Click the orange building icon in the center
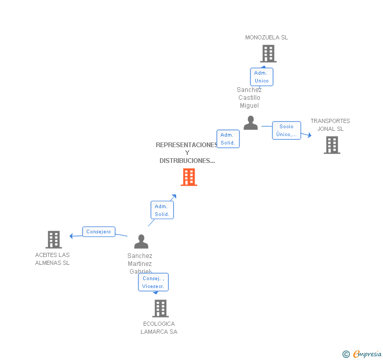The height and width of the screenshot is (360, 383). tap(189, 177)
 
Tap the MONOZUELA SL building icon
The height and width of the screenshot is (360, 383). tap(268, 54)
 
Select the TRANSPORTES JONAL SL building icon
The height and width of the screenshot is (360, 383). tap(331, 145)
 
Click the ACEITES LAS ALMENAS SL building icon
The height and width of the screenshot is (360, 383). tap(54, 240)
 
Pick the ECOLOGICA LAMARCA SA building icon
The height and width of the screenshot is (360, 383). tap(160, 308)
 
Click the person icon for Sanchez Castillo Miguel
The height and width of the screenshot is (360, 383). tap(250, 123)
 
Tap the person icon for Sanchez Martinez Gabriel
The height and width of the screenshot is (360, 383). tap(141, 242)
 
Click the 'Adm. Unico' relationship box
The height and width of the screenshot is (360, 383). tap(261, 77)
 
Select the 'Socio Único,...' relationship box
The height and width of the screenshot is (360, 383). tap(287, 130)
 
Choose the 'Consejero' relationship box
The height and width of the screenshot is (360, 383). tap(98, 232)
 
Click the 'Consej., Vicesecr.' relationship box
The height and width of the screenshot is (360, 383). tap(153, 282)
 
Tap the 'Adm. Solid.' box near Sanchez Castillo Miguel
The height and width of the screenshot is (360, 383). tap(228, 139)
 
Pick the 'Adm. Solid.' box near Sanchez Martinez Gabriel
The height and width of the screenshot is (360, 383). tap(162, 210)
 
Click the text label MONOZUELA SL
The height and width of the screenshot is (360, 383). tap(266, 37)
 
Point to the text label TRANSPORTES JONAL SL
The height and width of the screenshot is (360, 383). tap(330, 125)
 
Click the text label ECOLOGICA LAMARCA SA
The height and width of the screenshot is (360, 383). tap(159, 328)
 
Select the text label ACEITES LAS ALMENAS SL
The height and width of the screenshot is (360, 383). tap(52, 259)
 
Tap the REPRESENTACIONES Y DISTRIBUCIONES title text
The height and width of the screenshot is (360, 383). tap(187, 153)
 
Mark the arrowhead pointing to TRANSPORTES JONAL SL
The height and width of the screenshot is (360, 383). tap(309, 136)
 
